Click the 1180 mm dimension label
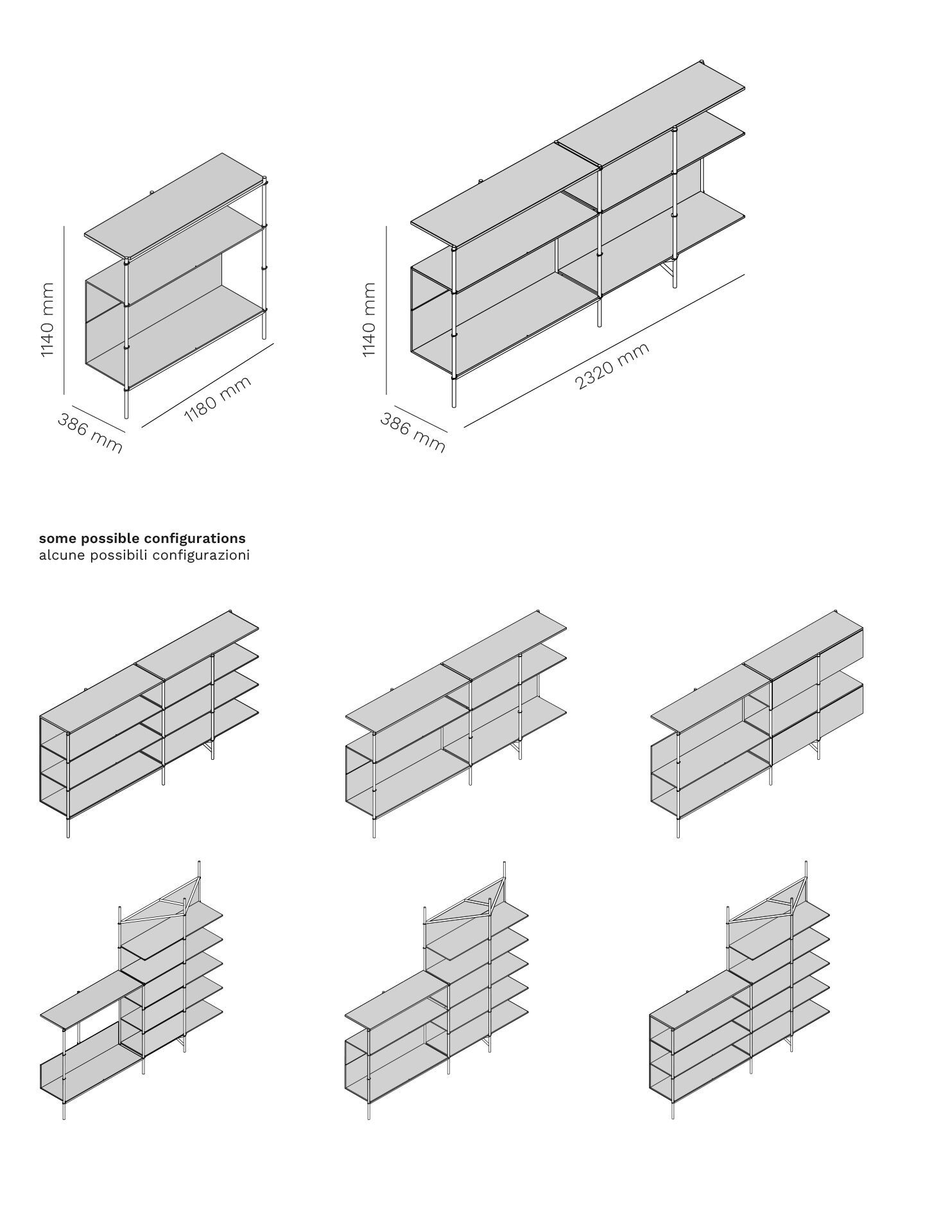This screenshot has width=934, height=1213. [x=218, y=400]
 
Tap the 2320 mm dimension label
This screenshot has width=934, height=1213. [x=612, y=366]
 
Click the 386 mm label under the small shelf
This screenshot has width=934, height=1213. [x=90, y=433]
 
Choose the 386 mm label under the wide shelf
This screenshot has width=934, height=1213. [x=413, y=433]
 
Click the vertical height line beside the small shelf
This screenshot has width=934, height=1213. [x=64, y=309]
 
